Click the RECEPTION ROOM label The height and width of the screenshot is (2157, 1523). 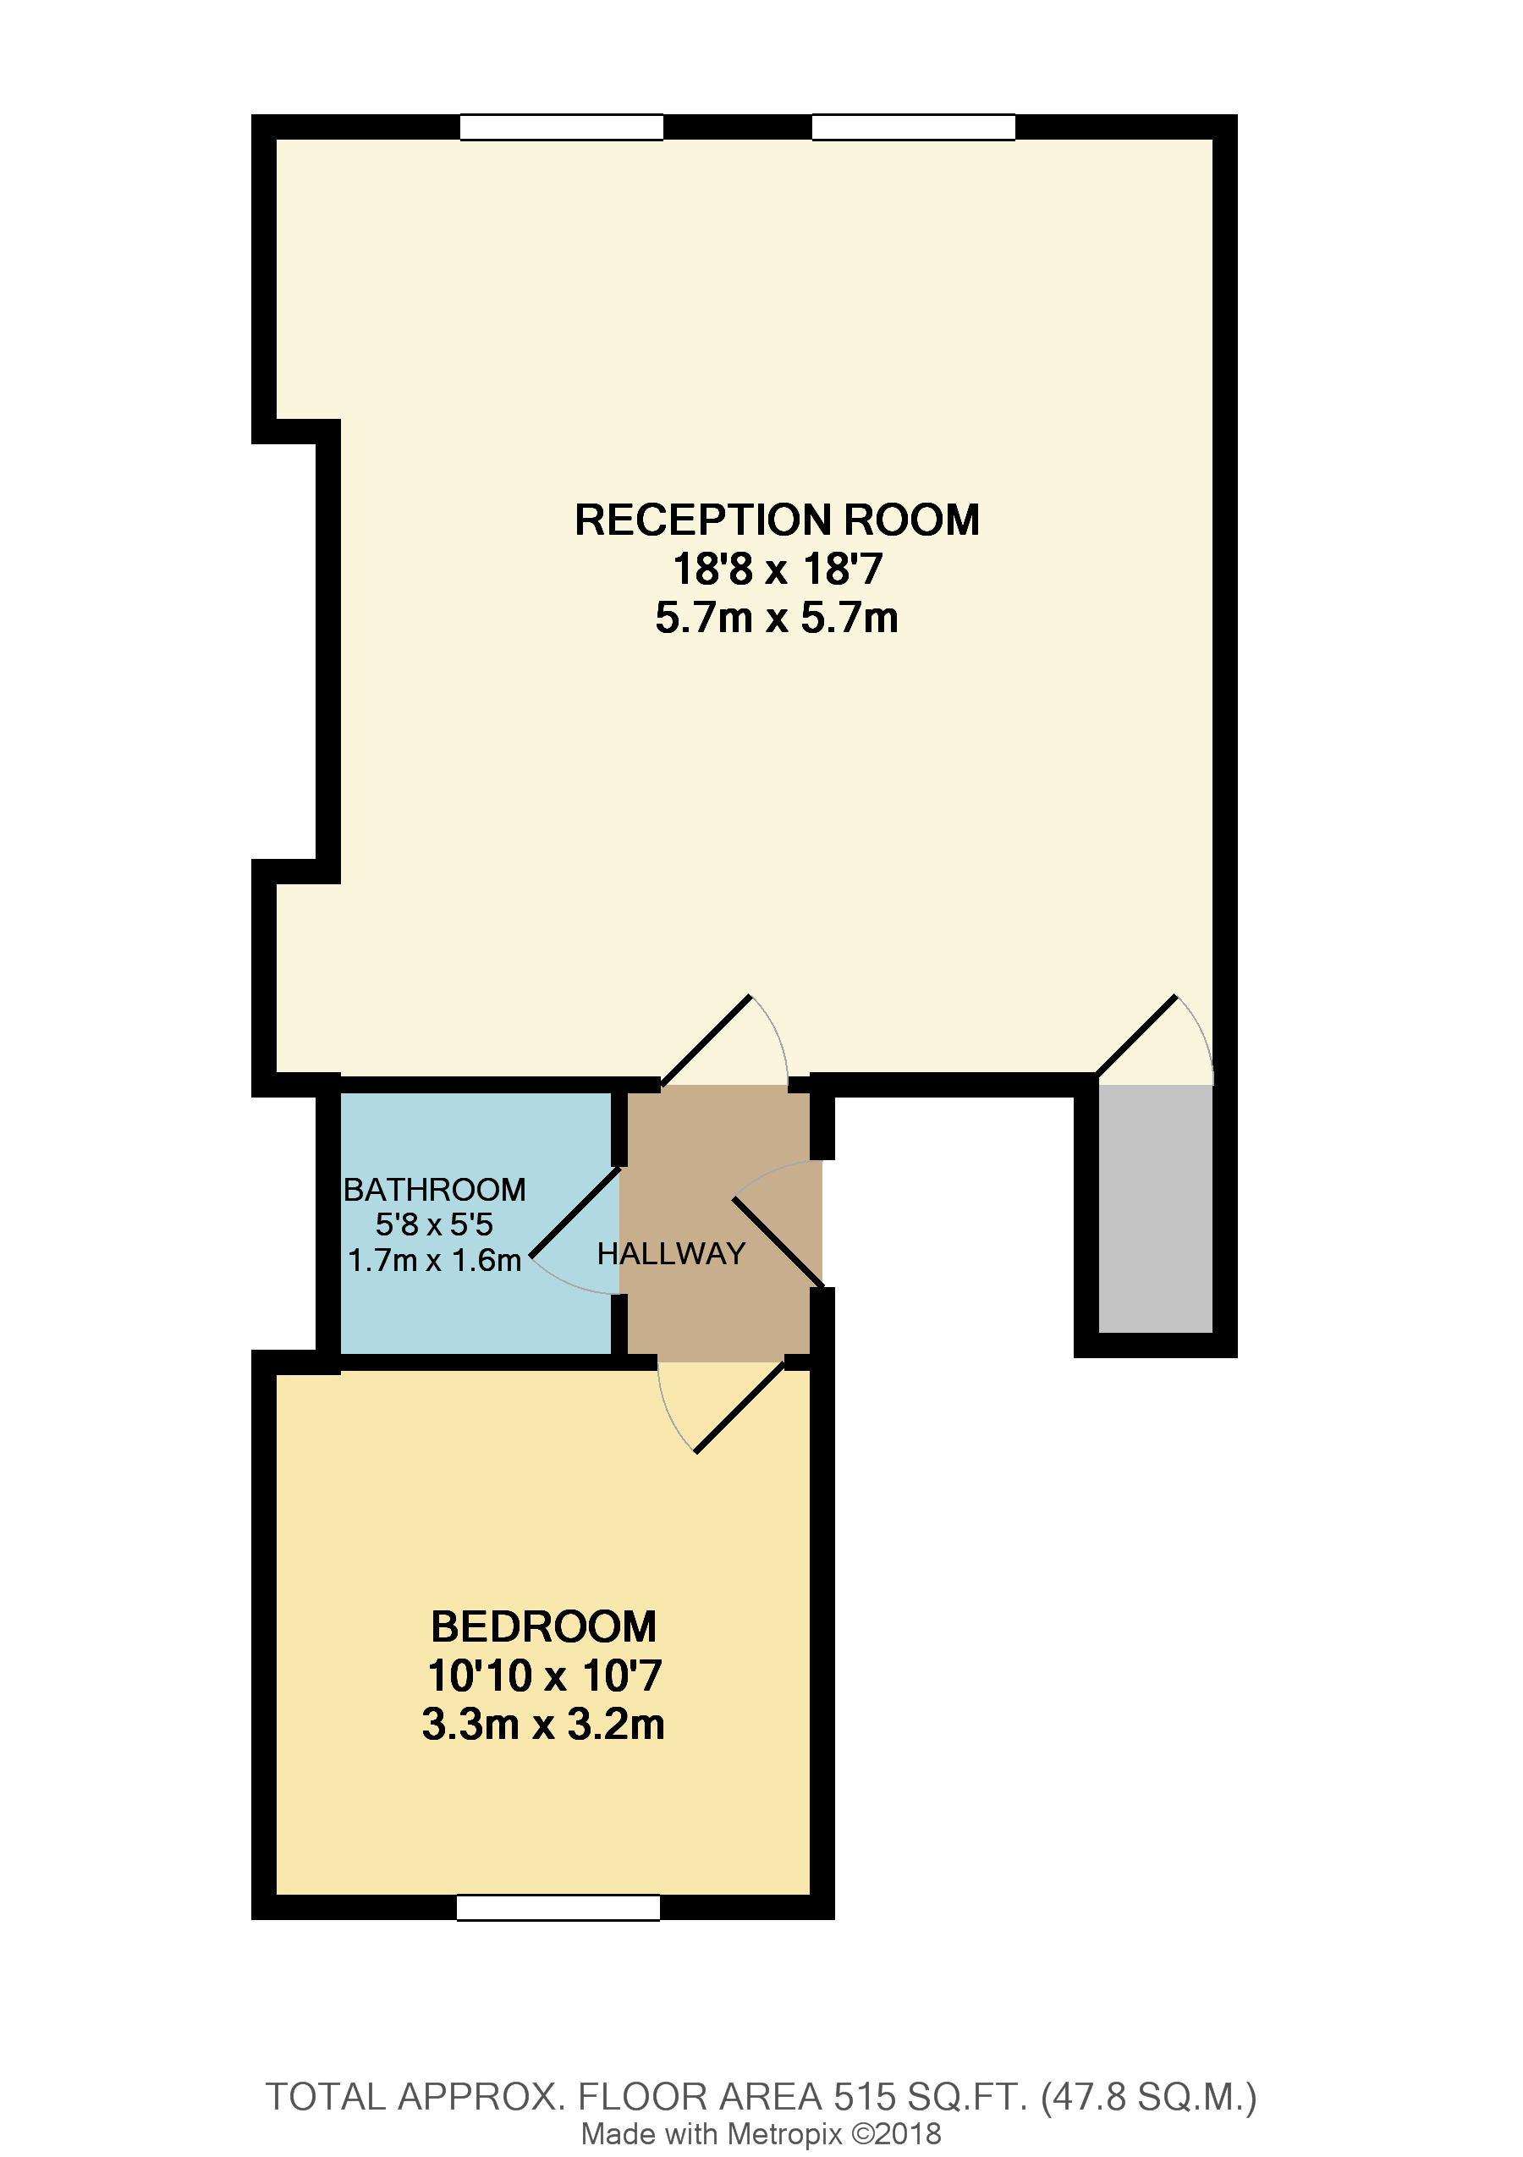tap(776, 520)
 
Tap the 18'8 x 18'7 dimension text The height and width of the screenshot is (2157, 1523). tap(776, 570)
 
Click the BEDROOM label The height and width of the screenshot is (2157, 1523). tap(543, 1627)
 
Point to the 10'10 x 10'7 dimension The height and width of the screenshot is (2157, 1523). tap(543, 1676)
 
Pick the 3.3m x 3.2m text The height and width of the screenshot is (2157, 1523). tap(543, 1725)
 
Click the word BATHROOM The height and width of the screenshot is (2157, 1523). tap(434, 1191)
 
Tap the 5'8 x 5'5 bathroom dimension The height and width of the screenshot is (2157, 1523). tap(434, 1225)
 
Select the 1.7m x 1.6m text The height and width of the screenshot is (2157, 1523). tap(434, 1261)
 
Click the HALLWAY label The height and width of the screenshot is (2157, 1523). tap(671, 1254)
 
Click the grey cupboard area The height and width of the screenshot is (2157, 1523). tap(1155, 1209)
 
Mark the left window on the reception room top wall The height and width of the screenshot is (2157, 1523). tap(561, 127)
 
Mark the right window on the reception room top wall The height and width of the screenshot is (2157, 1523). tap(913, 127)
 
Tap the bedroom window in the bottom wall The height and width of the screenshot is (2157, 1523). tap(558, 1907)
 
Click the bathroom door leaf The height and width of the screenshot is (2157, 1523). tap(575, 1213)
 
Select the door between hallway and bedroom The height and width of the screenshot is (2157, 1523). tap(740, 1407)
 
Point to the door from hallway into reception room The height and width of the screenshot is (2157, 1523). tap(707, 1041)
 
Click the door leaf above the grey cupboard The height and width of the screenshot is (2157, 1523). tap(1136, 1035)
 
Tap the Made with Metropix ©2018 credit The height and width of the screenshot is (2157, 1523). tap(761, 2134)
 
